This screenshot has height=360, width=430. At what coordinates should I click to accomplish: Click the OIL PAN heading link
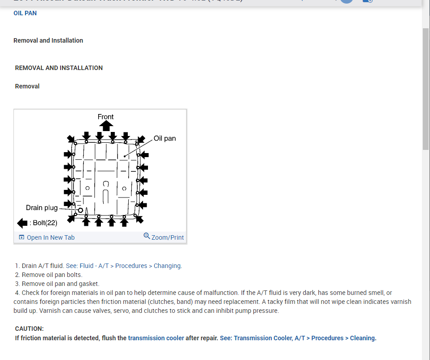[x=25, y=13]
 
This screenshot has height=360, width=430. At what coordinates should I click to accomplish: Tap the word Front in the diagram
[x=106, y=117]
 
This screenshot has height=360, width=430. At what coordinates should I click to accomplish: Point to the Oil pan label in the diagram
[x=165, y=138]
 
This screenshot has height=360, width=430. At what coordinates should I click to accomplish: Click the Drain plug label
[x=42, y=207]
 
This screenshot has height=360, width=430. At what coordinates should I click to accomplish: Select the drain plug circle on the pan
[x=81, y=210]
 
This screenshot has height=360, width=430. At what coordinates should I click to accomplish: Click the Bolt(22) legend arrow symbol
[x=22, y=223]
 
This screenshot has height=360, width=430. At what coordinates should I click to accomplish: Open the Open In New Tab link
[x=51, y=237]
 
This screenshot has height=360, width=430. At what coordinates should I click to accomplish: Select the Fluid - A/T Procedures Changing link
[x=124, y=266]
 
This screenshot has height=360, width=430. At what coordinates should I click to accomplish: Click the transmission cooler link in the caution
[x=156, y=338]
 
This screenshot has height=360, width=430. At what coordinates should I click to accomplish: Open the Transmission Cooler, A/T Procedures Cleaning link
[x=298, y=338]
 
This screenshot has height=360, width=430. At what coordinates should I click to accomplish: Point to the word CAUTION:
[x=30, y=329]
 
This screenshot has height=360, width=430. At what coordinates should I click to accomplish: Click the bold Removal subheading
[x=27, y=86]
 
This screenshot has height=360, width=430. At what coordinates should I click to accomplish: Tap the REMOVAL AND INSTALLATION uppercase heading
[x=59, y=68]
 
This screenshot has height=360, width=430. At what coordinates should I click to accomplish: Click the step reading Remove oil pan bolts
[x=52, y=275]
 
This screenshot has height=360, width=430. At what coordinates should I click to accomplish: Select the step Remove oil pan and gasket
[x=61, y=284]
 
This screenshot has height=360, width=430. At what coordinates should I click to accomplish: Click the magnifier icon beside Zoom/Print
[x=147, y=236]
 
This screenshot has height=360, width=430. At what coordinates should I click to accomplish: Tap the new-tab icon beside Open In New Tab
[x=22, y=237]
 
